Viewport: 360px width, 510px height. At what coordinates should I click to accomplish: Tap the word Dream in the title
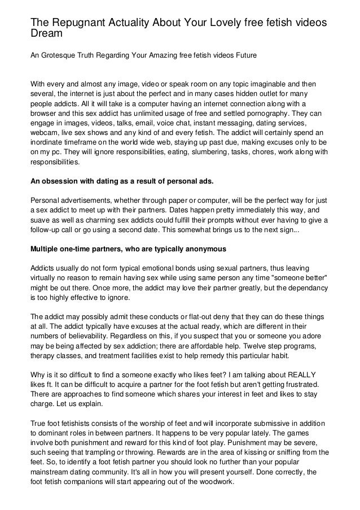point(45,33)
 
